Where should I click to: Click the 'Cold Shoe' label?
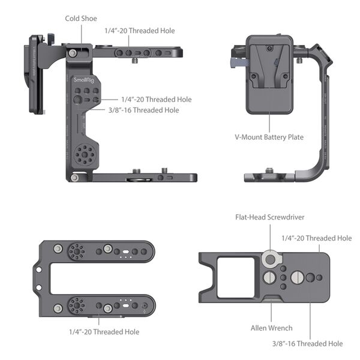click(81, 19)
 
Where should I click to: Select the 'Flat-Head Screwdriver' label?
click(269, 217)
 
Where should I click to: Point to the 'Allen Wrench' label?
click(271, 328)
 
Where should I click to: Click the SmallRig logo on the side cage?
click(83, 79)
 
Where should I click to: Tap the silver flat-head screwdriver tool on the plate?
click(269, 259)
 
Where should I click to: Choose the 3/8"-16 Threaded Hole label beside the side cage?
click(143, 110)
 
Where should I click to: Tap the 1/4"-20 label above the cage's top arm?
click(140, 31)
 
